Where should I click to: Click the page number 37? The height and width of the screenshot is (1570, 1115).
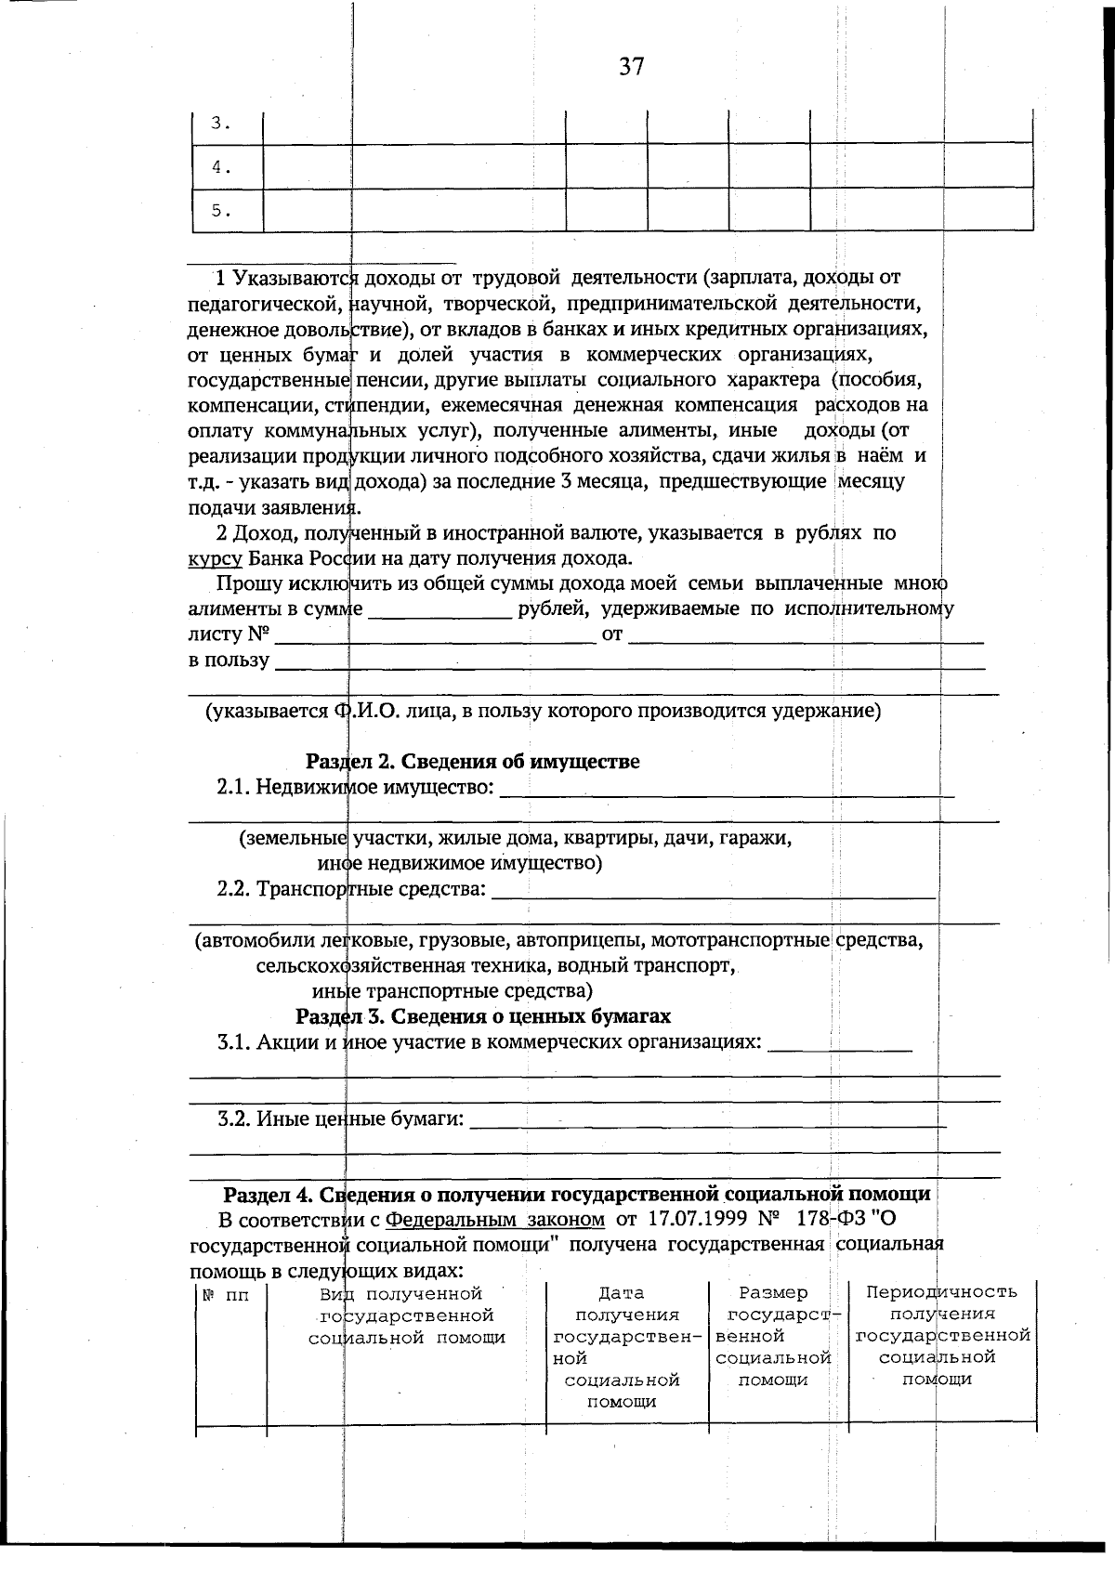coord(631,67)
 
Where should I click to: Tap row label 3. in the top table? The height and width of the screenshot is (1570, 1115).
coord(219,124)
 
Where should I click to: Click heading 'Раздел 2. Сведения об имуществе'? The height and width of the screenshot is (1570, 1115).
coord(472,762)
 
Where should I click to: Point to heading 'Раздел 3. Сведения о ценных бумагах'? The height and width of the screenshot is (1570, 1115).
coord(482,1016)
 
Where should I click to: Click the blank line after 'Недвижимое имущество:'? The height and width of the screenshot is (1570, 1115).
coord(727,788)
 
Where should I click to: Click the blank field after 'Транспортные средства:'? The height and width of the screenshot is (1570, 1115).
coord(712,889)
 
